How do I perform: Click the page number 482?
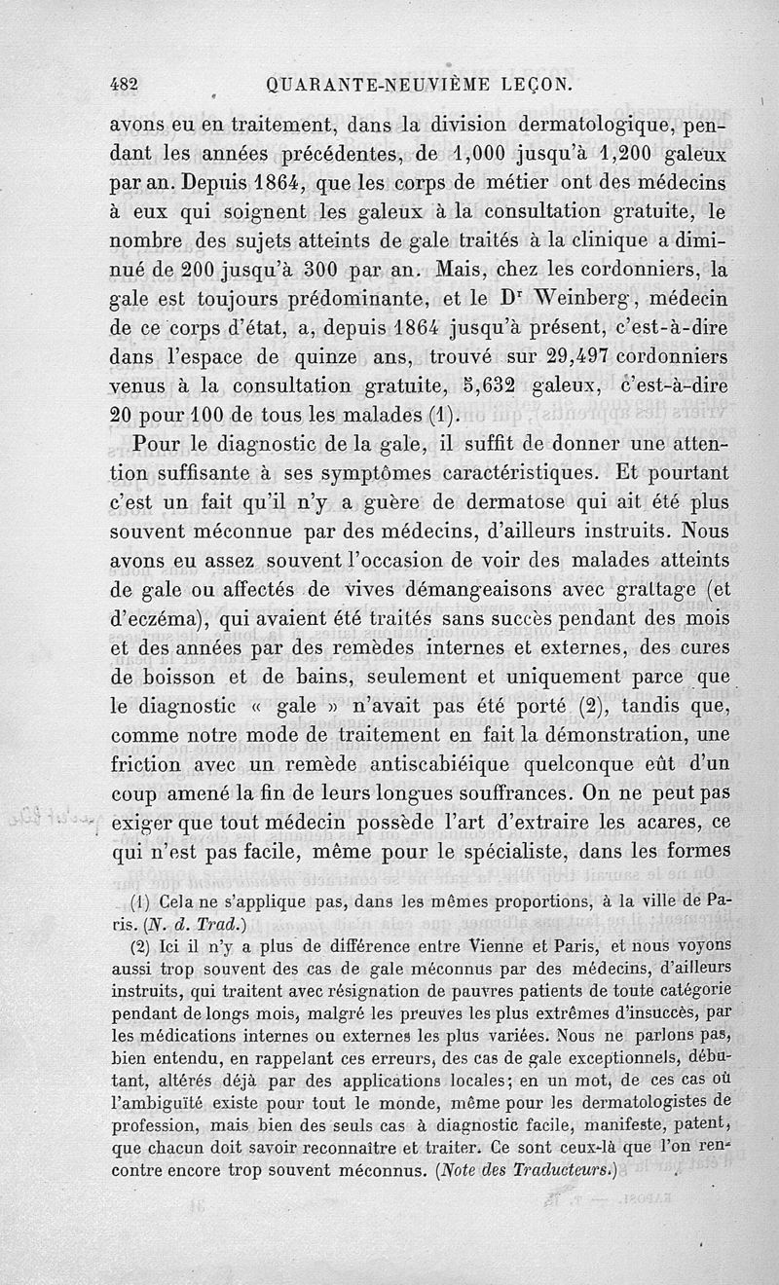[x=124, y=85]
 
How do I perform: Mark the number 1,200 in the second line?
[x=623, y=155]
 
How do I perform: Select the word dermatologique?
[x=566, y=128]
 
